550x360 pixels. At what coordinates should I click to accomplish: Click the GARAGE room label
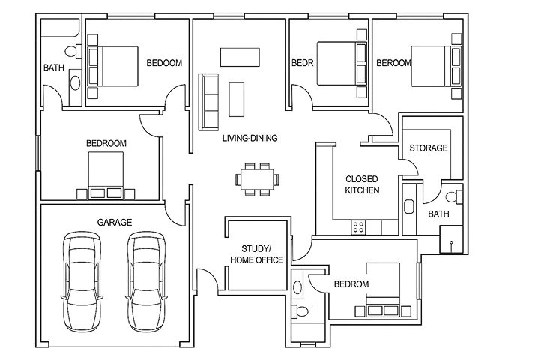(115, 222)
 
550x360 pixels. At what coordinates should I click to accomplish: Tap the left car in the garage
(82, 281)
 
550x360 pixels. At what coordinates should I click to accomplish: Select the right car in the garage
(146, 281)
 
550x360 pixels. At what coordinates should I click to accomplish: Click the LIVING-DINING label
(250, 138)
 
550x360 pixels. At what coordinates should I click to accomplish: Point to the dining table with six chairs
(258, 179)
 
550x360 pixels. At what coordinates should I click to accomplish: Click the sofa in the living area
(208, 102)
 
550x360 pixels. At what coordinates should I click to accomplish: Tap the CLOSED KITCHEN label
(362, 184)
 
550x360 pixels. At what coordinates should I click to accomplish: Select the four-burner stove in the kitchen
(358, 227)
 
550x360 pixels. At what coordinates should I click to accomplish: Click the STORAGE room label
(429, 148)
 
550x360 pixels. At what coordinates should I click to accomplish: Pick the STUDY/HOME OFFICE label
(257, 254)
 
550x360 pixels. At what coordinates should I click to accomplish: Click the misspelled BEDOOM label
(164, 63)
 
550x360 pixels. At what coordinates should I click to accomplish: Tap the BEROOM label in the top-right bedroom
(393, 63)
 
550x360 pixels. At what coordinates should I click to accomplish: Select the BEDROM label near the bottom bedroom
(351, 283)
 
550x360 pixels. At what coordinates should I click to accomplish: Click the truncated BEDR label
(303, 63)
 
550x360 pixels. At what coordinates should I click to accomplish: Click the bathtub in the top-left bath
(60, 28)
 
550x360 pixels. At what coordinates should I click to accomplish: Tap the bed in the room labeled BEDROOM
(106, 175)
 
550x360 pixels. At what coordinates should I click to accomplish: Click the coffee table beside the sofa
(237, 100)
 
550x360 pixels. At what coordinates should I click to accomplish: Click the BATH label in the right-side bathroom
(438, 214)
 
